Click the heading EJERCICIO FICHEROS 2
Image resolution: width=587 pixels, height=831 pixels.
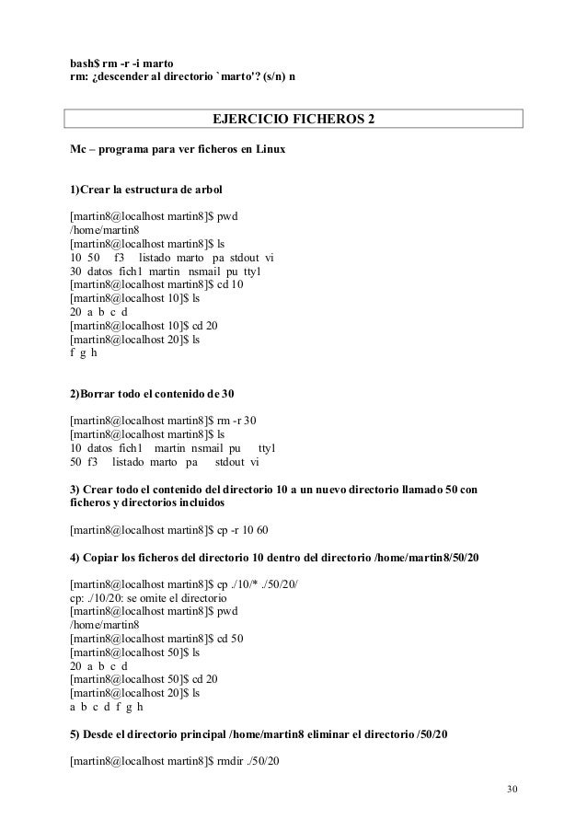click(293, 121)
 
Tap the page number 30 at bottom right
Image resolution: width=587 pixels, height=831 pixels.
click(512, 792)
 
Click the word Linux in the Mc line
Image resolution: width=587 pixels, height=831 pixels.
click(267, 149)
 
